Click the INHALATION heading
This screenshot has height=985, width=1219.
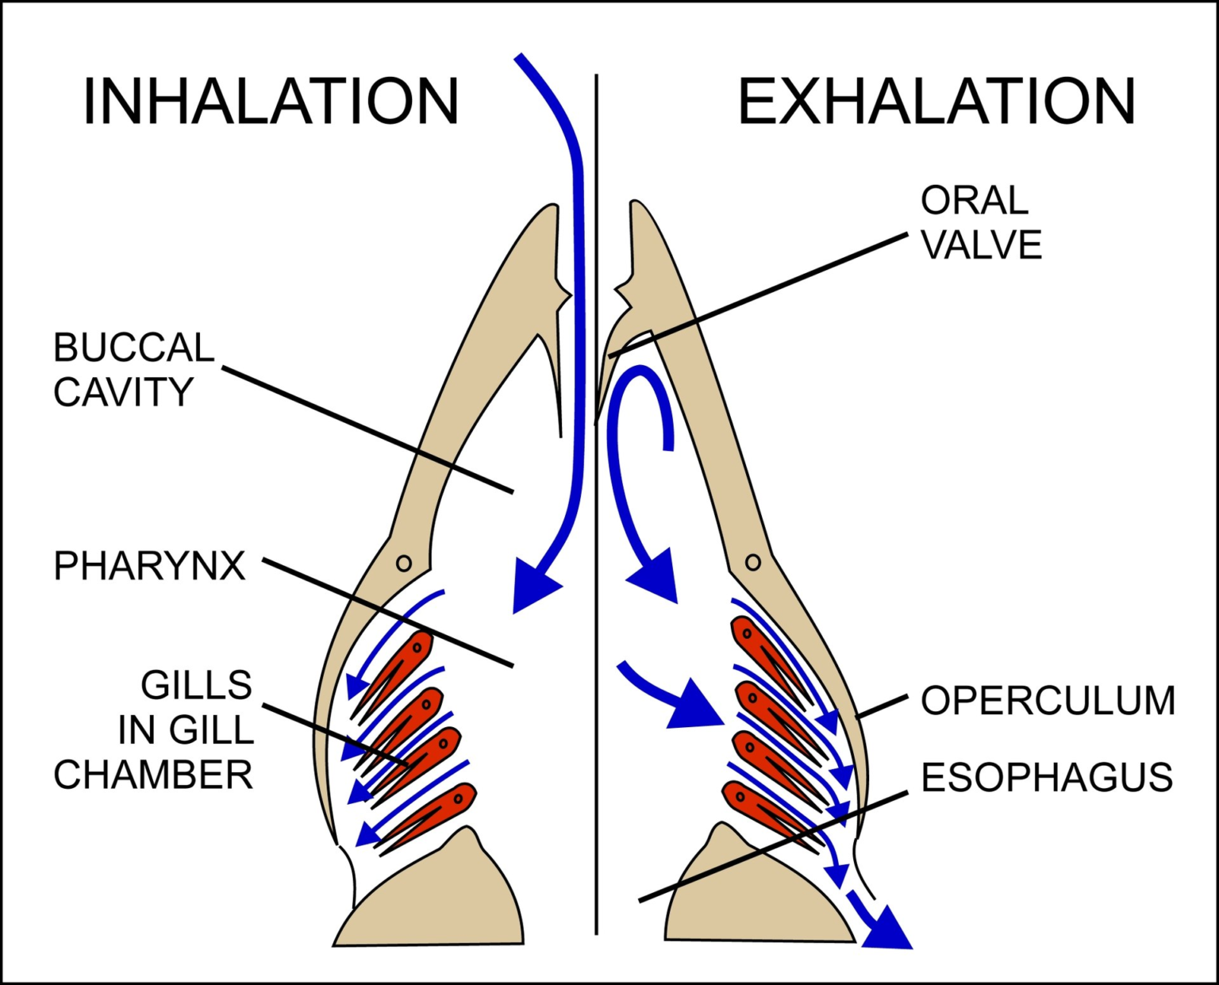tap(271, 102)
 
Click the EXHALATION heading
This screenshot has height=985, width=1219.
tap(936, 102)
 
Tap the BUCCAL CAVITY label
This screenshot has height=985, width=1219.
tap(133, 370)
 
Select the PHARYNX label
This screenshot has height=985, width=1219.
tap(149, 566)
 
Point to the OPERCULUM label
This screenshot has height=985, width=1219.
tap(1048, 701)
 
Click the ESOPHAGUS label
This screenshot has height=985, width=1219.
tap(1047, 777)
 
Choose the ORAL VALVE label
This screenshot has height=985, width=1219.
tap(981, 223)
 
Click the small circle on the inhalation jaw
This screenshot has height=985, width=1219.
tap(403, 564)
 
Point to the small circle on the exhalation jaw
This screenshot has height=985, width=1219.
tap(753, 563)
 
